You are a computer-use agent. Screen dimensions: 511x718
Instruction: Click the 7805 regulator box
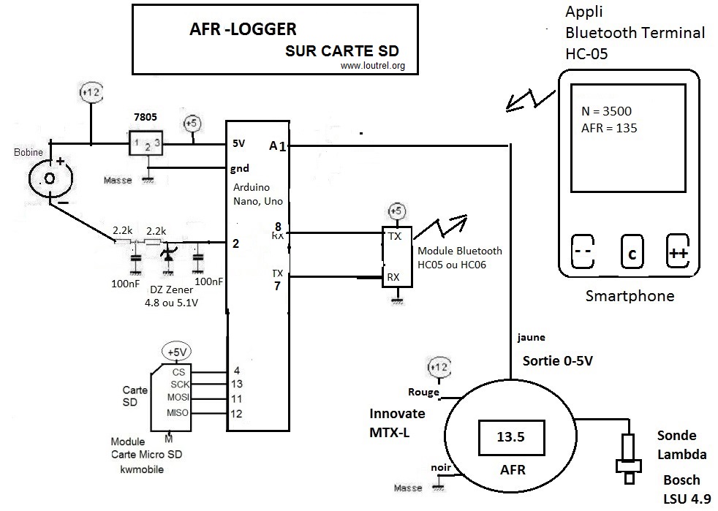tap(148, 143)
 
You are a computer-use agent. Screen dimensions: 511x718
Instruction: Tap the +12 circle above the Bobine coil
tap(91, 93)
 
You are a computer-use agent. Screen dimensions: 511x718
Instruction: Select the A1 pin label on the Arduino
tap(277, 146)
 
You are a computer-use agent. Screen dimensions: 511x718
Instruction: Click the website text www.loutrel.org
tap(373, 65)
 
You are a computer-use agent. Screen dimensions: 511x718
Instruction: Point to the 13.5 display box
tap(511, 437)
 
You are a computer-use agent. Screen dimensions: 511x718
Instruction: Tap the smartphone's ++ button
tap(677, 253)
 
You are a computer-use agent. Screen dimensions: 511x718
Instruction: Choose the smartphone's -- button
tap(583, 253)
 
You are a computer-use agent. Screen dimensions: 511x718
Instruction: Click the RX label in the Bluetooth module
tap(393, 277)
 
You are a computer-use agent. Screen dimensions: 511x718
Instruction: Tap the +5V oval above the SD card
tap(177, 352)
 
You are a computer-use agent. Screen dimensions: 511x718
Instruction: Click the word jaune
tap(531, 338)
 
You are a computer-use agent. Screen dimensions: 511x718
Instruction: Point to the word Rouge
tap(425, 392)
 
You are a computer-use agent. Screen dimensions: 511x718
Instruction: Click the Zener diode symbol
tap(169, 254)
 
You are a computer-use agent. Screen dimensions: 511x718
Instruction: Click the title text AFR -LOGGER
tap(242, 30)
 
